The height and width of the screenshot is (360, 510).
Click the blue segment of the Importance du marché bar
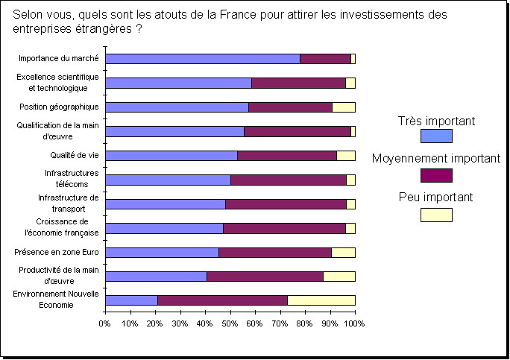coord(202,59)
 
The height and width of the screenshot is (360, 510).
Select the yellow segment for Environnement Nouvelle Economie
coord(321,300)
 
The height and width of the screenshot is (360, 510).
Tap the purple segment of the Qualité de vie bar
coord(287,156)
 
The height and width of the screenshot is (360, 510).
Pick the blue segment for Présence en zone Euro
coord(163,253)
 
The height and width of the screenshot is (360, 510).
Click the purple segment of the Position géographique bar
coord(290,107)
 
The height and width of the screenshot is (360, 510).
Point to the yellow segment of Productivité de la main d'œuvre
coord(339,277)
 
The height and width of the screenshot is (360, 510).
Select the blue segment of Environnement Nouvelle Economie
coord(131,300)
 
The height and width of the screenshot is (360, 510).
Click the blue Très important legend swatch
coord(436,136)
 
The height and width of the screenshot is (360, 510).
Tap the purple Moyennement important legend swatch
coord(436,175)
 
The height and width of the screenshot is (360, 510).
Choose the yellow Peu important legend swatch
coord(436,215)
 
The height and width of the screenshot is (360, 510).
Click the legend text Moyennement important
coord(436,159)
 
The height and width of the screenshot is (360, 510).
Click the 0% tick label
coord(105,324)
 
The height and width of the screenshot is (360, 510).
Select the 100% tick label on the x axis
coord(353,324)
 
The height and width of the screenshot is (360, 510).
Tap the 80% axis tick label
coord(304,324)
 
